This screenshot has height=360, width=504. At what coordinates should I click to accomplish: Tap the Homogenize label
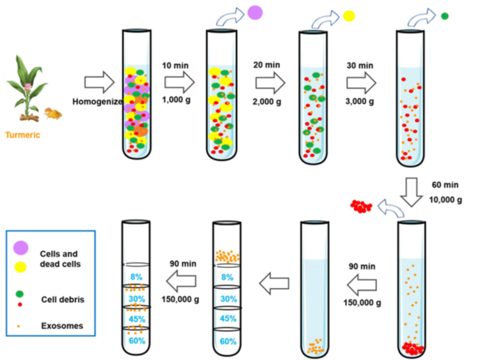(98, 101)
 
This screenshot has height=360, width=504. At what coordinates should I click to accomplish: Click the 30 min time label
(360, 66)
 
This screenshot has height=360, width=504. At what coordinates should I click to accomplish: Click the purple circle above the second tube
(255, 12)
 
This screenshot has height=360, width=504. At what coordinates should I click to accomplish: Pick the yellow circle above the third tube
(349, 15)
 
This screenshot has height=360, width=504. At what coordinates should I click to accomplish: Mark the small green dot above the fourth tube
(445, 15)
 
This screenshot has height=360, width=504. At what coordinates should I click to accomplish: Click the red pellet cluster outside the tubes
(362, 206)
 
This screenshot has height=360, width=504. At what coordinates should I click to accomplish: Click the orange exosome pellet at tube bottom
(317, 345)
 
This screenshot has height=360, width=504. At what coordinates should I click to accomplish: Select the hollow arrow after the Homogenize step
(98, 83)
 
